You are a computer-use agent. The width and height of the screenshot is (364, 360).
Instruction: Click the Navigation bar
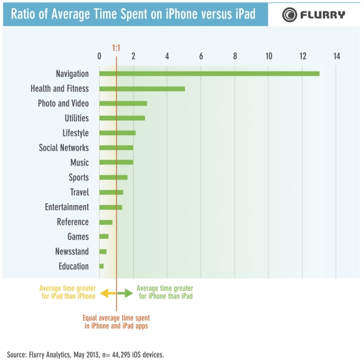point(209,73)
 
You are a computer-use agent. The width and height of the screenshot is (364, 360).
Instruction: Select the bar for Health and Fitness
point(142,88)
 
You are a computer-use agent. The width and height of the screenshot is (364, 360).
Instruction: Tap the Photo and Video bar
point(123,103)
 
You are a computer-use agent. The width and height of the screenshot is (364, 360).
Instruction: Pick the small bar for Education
point(101,266)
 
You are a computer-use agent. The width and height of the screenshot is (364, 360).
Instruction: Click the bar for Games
point(104,237)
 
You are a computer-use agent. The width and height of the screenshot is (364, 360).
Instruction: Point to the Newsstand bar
point(103,252)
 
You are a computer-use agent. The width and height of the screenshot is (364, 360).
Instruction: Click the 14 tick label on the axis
point(337,56)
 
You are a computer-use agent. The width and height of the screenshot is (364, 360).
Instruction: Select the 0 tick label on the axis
point(99,56)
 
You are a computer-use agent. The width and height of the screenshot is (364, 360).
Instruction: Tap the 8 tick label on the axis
point(235,56)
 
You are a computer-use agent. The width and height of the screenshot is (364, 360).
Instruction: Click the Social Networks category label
point(64,148)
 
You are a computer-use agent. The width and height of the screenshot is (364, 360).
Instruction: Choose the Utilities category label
point(76,118)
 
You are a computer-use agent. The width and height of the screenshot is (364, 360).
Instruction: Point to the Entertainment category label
point(67,207)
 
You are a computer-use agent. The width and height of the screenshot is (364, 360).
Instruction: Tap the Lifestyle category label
point(76,133)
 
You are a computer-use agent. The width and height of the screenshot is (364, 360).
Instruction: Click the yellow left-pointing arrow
point(104,293)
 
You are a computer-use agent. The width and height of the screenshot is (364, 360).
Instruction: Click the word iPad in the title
point(240,14)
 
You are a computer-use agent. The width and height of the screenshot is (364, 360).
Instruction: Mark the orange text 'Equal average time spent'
point(116,318)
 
